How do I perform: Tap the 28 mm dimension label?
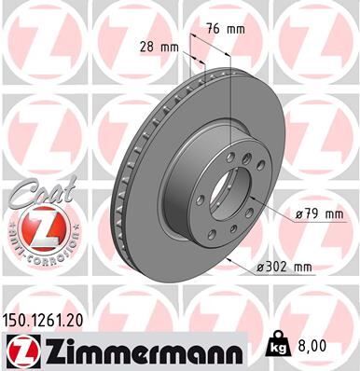(159, 46)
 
